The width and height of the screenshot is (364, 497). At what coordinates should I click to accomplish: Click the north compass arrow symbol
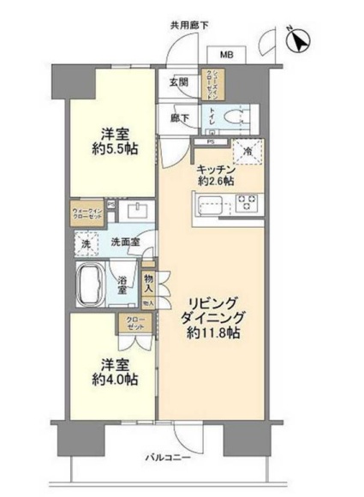(301, 39)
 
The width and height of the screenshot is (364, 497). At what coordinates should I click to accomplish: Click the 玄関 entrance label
(177, 82)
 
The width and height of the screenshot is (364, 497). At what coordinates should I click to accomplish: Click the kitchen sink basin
(212, 205)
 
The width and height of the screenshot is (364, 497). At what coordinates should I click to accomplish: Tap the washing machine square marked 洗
(86, 243)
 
